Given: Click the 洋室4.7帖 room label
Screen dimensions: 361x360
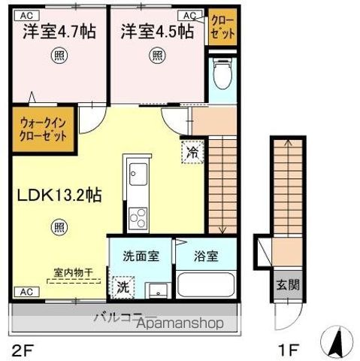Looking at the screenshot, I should [x=58, y=32].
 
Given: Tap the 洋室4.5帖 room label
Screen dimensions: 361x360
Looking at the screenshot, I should [x=156, y=32].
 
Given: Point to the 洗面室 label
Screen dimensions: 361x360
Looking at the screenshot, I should [x=141, y=256].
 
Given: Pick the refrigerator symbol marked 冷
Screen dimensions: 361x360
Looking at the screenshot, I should [x=190, y=150].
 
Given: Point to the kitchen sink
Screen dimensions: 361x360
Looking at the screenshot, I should [x=138, y=174].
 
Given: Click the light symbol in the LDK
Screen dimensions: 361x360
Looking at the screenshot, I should [x=59, y=226].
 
